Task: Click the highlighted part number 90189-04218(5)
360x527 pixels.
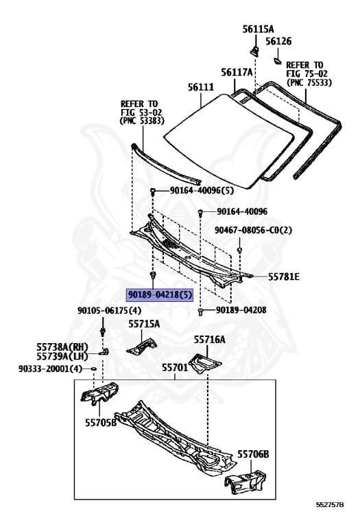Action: pyautogui.click(x=160, y=295)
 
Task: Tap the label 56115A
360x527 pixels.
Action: pyautogui.click(x=258, y=30)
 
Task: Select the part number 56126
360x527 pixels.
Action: pyautogui.click(x=278, y=41)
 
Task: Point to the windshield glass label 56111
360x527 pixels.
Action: pyautogui.click(x=201, y=87)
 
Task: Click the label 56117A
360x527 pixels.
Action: pyautogui.click(x=237, y=72)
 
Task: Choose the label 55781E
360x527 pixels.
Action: pyautogui.click(x=283, y=277)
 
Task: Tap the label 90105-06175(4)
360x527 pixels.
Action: pyautogui.click(x=110, y=310)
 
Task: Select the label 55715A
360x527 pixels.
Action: pyautogui.click(x=144, y=324)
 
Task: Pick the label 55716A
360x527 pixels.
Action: pyautogui.click(x=210, y=340)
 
